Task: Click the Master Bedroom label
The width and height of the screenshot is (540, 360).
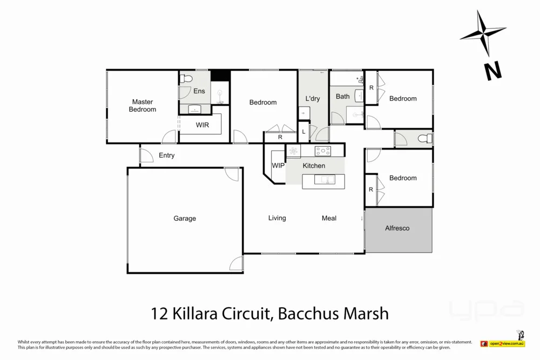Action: [x=143, y=105]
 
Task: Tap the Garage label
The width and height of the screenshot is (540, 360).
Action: [x=185, y=219]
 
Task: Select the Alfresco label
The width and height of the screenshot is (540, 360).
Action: [x=397, y=228]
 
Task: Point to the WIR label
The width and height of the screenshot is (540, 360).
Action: [x=202, y=125]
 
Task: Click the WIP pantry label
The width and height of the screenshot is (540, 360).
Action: [x=278, y=166]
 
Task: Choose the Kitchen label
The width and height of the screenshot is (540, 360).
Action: [x=314, y=166]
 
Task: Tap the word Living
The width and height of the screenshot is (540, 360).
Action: [x=277, y=218]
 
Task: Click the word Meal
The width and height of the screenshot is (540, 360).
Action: [x=329, y=218]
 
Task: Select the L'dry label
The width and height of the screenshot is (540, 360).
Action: [x=313, y=99]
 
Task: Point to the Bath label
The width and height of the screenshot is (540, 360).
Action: [x=343, y=97]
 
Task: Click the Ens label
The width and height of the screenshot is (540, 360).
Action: [x=199, y=91]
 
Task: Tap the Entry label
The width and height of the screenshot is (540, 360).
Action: [x=166, y=155]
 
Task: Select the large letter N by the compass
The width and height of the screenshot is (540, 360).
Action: [x=492, y=71]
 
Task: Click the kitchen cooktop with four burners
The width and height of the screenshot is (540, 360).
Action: [x=323, y=151]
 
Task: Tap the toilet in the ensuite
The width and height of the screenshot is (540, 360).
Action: [x=186, y=79]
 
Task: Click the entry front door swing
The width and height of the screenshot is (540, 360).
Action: [x=146, y=155]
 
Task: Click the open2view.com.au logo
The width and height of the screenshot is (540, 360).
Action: [x=507, y=343]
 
